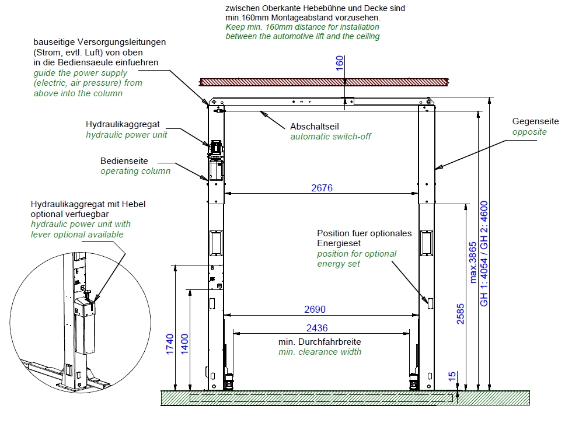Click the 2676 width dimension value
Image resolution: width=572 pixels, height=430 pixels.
(x=322, y=188)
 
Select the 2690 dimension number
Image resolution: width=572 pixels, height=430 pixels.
(x=315, y=309)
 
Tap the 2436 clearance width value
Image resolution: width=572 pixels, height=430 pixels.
(x=317, y=328)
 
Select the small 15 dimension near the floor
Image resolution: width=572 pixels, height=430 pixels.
(x=453, y=377)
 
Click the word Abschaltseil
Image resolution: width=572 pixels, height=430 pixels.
(x=315, y=127)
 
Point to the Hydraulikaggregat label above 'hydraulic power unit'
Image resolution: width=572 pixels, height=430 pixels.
(x=123, y=124)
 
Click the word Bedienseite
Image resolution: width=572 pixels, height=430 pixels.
(x=124, y=160)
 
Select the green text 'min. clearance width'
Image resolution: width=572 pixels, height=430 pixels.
(x=319, y=352)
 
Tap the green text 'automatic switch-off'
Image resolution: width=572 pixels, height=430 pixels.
(x=330, y=137)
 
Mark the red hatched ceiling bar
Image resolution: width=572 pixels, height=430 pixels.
(x=324, y=82)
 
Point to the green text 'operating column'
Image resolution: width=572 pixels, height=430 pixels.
(x=135, y=171)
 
